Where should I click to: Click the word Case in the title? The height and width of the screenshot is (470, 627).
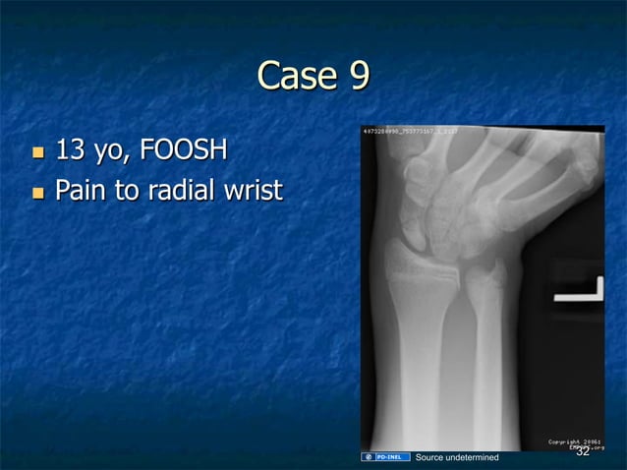(x=289, y=76)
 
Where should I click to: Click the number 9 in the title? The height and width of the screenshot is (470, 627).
(x=357, y=76)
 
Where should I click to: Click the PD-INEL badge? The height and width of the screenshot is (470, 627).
(x=386, y=457)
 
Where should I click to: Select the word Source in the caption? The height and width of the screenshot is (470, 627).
(x=432, y=457)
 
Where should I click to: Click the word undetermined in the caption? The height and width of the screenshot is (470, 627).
(x=475, y=457)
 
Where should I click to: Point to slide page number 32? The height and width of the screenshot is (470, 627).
(x=582, y=452)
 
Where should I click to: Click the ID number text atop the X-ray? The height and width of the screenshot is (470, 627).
(x=410, y=130)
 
